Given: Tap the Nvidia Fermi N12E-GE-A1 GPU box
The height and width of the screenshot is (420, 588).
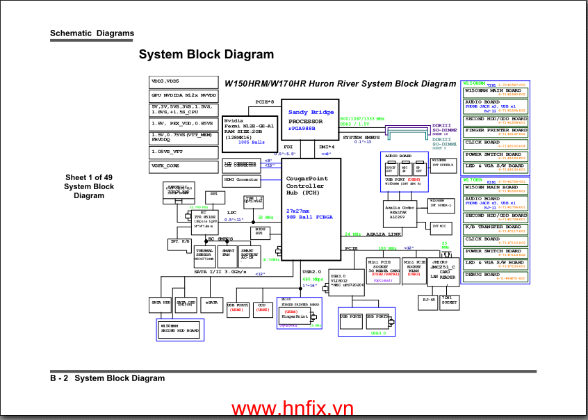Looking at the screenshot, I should (x=247, y=130).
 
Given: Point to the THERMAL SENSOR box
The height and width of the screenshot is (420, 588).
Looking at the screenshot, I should (x=205, y=255).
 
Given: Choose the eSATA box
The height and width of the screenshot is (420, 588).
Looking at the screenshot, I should (x=211, y=302).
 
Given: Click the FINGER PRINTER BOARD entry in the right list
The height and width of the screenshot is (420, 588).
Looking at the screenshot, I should (x=495, y=131).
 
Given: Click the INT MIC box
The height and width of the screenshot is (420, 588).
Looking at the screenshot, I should (x=439, y=226).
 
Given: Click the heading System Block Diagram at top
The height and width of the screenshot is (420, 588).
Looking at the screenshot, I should (x=206, y=54).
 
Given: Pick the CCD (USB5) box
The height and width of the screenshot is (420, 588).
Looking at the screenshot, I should (x=262, y=307).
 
